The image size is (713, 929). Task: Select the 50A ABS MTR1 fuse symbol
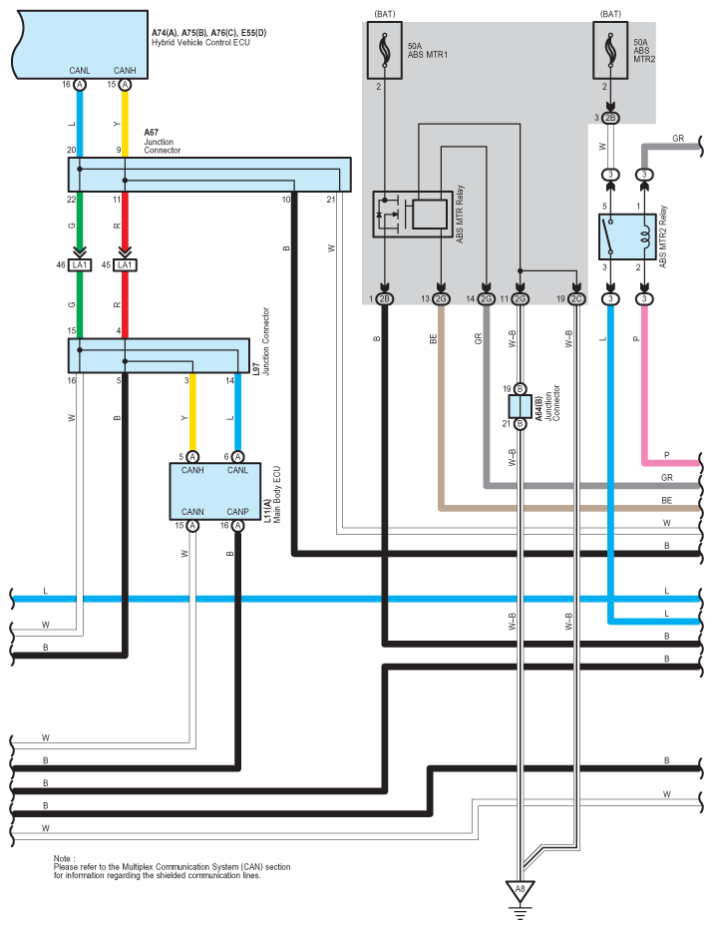pos(383,51)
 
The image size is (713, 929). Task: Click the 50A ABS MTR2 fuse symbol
pos(608,51)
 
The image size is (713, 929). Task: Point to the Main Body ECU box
pos(214,490)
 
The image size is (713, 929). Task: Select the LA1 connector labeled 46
pos(80,265)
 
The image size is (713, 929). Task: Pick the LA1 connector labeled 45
pos(125,265)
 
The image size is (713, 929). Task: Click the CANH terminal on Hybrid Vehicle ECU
pos(125,86)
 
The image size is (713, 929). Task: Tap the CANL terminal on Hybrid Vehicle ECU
pos(80,86)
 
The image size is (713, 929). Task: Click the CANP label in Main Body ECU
pos(237,510)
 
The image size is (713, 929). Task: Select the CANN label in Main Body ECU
pos(193,510)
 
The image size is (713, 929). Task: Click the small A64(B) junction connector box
pos(520,406)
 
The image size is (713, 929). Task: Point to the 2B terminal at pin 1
pos(385,298)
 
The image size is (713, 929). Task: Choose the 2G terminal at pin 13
pos(441,298)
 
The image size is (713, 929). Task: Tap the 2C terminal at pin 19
pos(575,298)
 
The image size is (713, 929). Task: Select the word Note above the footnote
pos(64,858)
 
